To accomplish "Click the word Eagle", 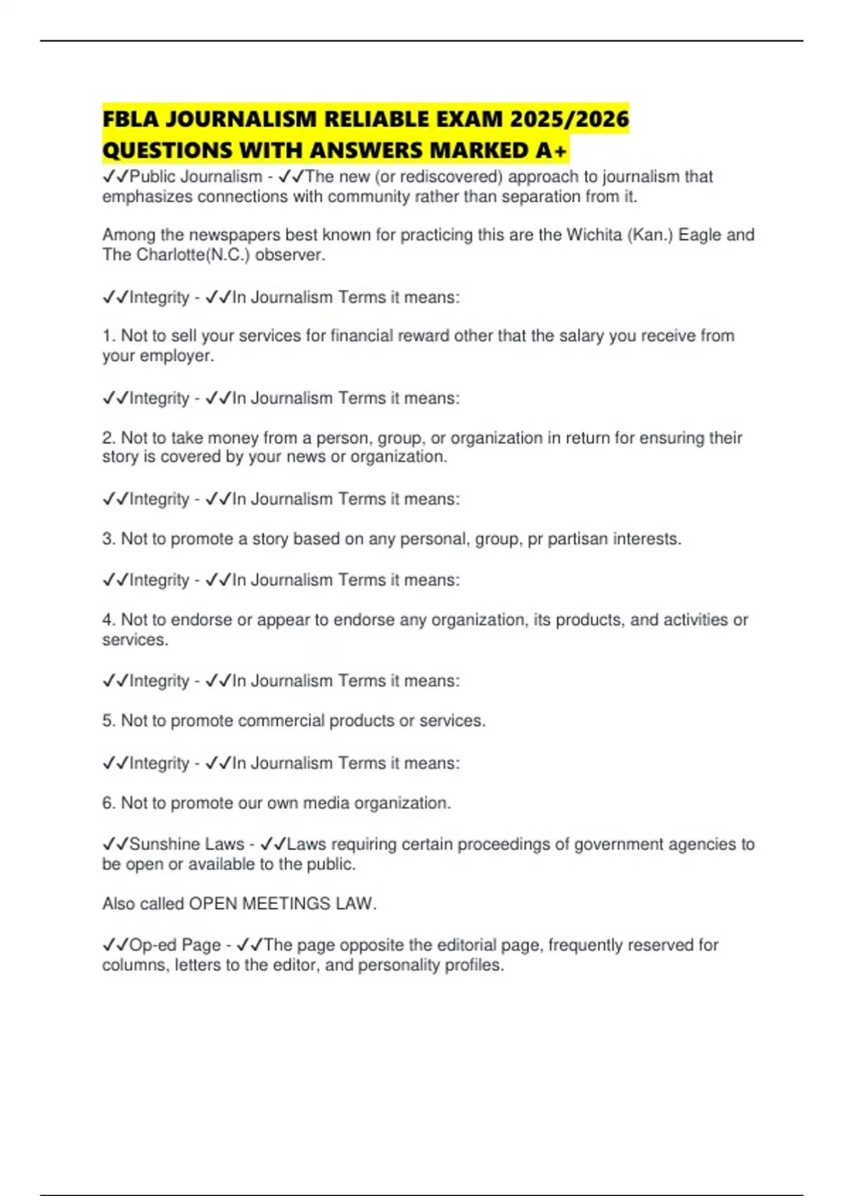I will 700,234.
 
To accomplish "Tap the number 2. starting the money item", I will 109,438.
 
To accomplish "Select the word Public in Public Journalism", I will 151,177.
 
